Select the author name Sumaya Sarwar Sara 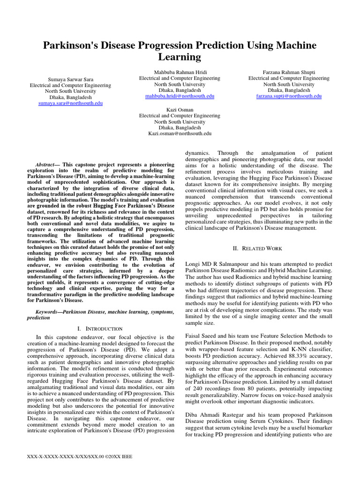pos(70,79)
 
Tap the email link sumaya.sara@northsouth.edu pos(70,103)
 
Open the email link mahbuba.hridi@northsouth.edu pos(180,96)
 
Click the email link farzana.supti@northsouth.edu pos(289,96)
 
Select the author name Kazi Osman pos(180,109)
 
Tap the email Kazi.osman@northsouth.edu pos(180,133)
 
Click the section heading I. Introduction pos(99,329)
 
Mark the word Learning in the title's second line pos(180,58)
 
